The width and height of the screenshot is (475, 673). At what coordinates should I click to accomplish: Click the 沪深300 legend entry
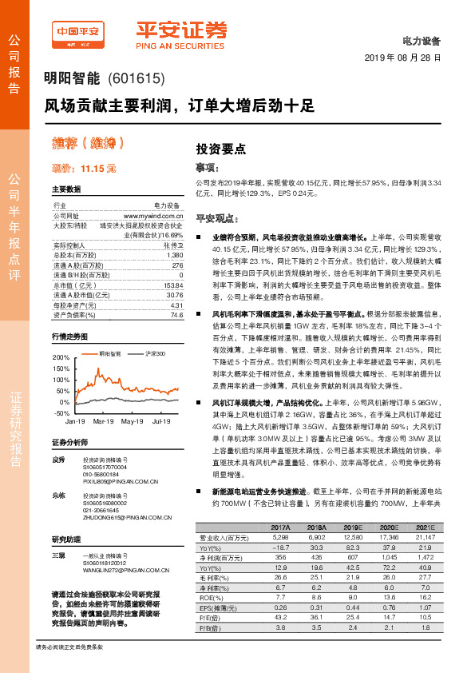tap(155, 352)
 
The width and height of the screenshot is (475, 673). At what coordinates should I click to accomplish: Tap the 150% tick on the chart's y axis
tap(61, 370)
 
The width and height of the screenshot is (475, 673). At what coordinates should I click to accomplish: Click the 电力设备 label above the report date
tap(425, 40)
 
